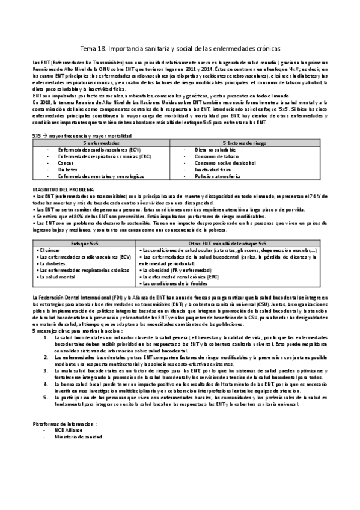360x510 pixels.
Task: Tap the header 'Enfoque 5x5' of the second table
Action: (x=85, y=243)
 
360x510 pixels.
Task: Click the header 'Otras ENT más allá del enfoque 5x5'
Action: (x=233, y=243)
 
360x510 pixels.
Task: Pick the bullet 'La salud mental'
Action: (x=58, y=277)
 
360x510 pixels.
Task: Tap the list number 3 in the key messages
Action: (x=47, y=357)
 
